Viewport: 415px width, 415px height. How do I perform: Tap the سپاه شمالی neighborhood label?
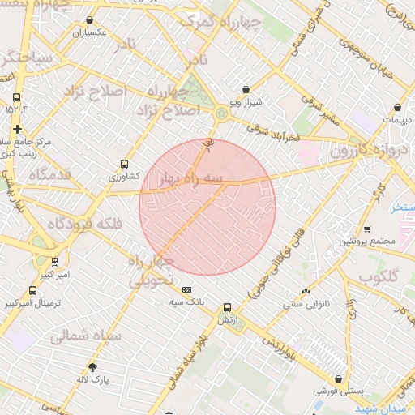click(x=85, y=336)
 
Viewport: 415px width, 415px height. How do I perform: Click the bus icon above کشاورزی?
click(x=124, y=162)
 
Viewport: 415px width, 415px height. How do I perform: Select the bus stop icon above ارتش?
click(x=227, y=307)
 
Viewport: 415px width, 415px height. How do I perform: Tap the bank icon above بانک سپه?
click(x=187, y=289)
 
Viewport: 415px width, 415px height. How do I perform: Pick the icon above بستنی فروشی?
click(x=336, y=379)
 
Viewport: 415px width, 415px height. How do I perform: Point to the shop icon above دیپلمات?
click(x=398, y=107)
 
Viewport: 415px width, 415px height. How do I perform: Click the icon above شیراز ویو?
click(x=246, y=90)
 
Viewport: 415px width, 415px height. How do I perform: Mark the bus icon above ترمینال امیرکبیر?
click(x=32, y=290)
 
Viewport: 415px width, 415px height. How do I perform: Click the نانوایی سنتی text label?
click(x=306, y=304)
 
